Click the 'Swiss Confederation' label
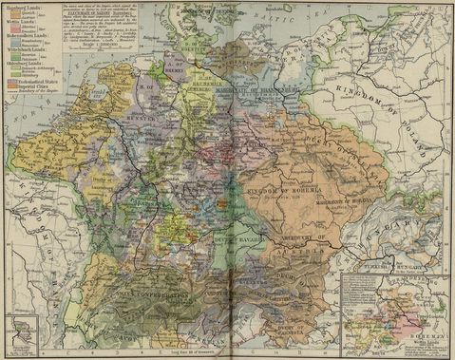142,276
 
